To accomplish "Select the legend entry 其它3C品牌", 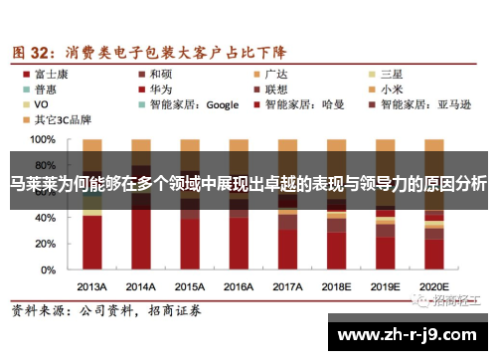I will (x=63, y=119).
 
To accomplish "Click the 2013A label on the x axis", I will (x=92, y=286).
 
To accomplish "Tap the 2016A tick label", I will (x=239, y=286).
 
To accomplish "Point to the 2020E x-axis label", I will (x=433, y=286).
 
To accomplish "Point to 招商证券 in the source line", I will (x=178, y=311).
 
